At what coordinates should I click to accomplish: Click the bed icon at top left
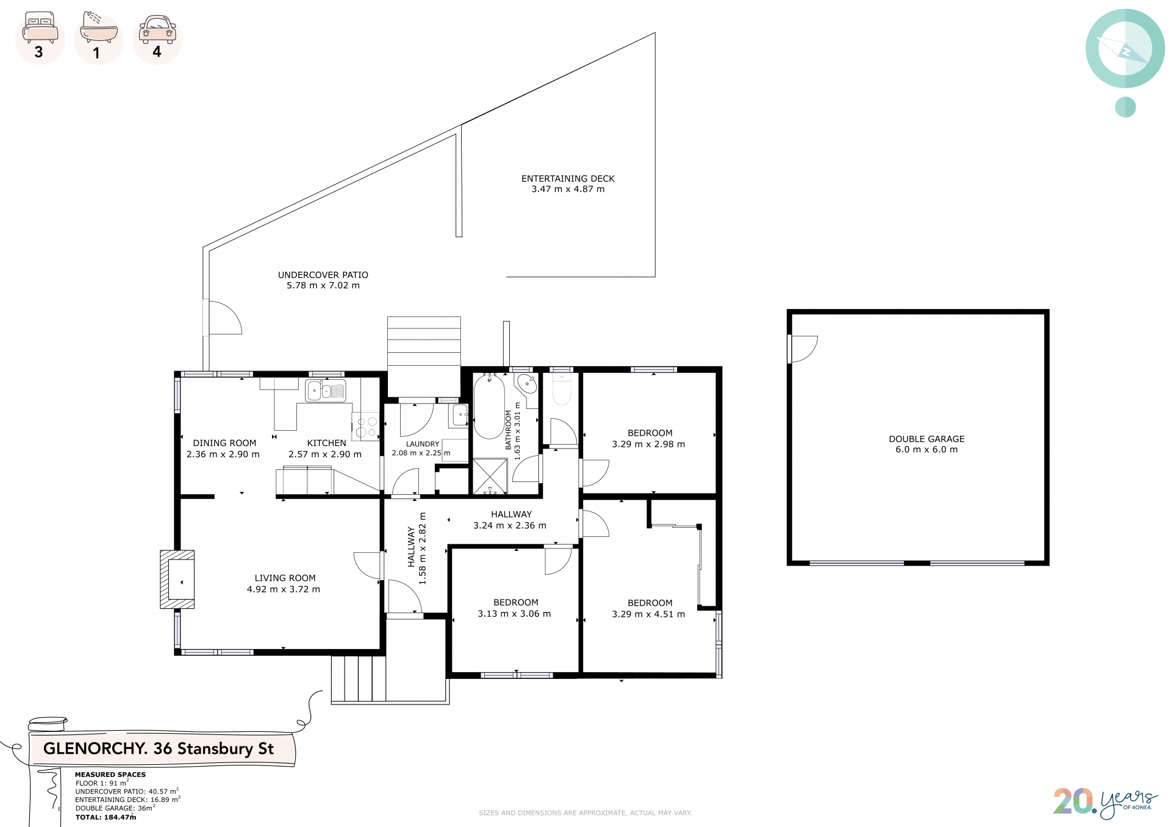(x=40, y=27)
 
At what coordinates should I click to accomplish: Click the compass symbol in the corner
(x=1125, y=49)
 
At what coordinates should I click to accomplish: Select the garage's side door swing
(x=803, y=349)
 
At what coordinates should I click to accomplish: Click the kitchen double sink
(x=326, y=391)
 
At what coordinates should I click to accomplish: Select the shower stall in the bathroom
(x=490, y=476)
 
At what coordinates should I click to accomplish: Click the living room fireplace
(x=177, y=580)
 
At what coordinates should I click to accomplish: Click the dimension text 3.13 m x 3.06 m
(x=514, y=614)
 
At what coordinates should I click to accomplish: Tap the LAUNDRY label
(x=423, y=444)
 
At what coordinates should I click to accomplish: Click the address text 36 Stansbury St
(x=213, y=748)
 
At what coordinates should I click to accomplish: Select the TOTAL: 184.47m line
(x=106, y=817)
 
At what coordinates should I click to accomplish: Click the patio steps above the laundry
(x=424, y=341)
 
